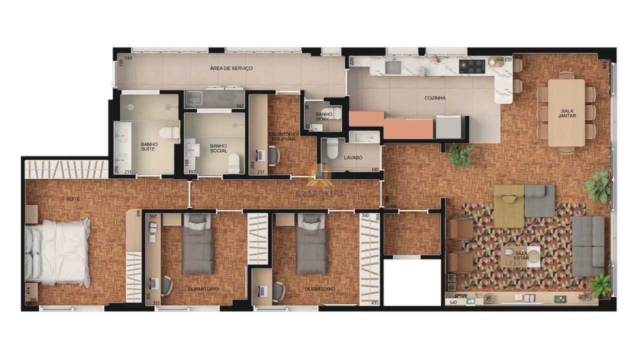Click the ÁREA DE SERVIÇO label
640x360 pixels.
[231, 68]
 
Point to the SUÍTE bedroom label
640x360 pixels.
[73, 199]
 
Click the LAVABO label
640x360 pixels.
[353, 157]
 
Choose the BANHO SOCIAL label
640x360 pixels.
[218, 148]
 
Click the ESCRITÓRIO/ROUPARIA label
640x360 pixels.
[283, 136]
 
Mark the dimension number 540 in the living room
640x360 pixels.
[453, 302]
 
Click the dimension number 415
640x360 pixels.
[375, 303]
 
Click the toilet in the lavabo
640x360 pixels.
[332, 148]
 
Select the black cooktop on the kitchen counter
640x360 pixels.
[471, 65]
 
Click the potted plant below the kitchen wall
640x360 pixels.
[459, 155]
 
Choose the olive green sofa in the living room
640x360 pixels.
[509, 205]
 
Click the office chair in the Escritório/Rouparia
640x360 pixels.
[273, 155]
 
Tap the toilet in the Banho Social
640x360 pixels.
[233, 162]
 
